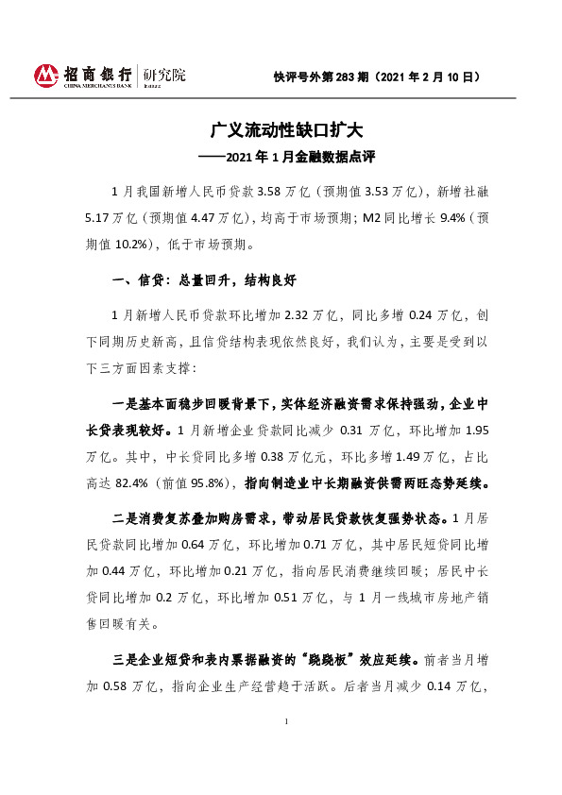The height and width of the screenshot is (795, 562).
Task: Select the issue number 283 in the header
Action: coord(343,76)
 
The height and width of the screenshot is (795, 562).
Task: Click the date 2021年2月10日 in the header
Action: coord(438,76)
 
